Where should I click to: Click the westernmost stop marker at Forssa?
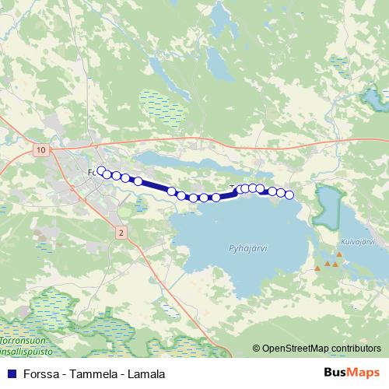(100, 170)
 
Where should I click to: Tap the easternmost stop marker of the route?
(289, 194)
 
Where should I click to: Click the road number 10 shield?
(41, 149)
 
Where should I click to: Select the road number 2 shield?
(121, 232)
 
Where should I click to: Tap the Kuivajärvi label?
(358, 242)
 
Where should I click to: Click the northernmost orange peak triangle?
(339, 254)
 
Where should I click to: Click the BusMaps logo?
(352, 373)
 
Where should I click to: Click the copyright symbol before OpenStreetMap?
(257, 349)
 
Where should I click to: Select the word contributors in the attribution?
(356, 349)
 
